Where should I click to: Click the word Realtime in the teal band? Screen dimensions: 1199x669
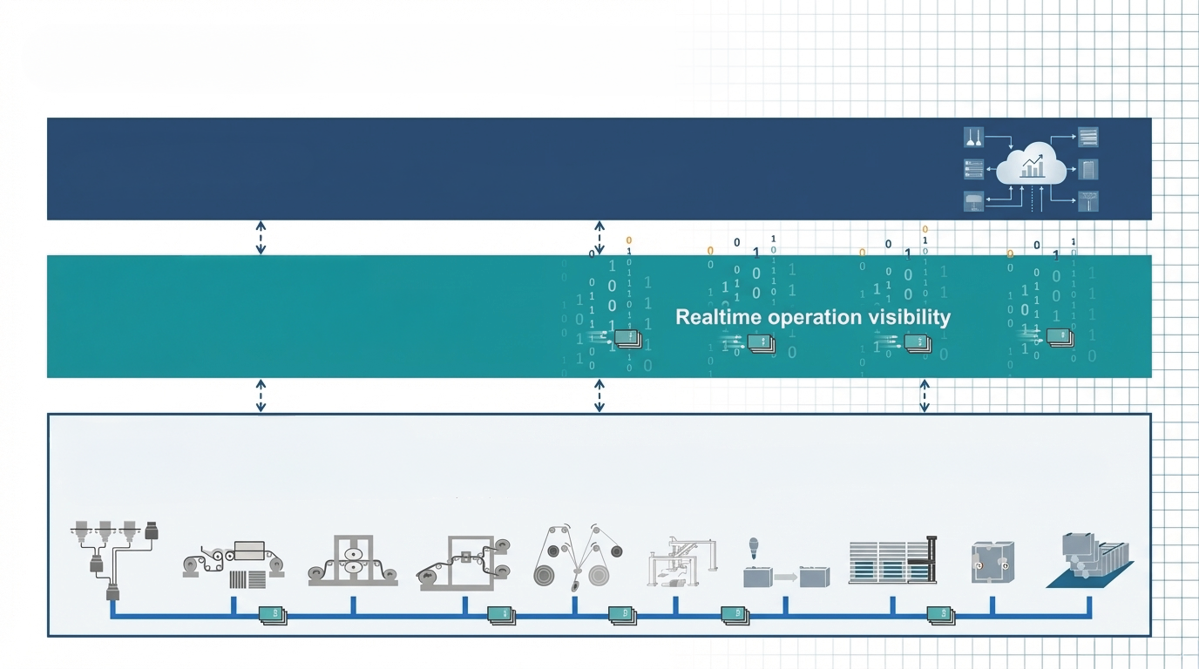(x=718, y=317)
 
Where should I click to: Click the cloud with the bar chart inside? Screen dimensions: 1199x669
(x=1031, y=165)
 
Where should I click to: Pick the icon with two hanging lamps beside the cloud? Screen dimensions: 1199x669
(x=973, y=137)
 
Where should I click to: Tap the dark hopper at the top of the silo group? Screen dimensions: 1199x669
(x=152, y=530)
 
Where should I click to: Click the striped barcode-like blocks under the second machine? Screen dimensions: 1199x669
(x=247, y=579)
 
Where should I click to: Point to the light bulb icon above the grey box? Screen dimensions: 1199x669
(x=754, y=548)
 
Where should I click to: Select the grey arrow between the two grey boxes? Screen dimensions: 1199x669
(x=785, y=577)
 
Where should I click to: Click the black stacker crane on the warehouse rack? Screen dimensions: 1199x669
(x=930, y=559)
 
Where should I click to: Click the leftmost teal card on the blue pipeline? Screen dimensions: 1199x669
(x=273, y=615)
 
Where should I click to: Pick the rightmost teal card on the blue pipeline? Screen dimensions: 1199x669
(x=940, y=615)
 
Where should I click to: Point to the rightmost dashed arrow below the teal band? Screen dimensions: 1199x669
(x=925, y=395)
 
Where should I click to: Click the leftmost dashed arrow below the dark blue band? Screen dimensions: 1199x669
(x=261, y=237)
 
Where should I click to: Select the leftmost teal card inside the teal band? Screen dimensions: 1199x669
(x=628, y=339)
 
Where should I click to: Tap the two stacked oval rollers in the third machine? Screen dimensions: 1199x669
(x=353, y=560)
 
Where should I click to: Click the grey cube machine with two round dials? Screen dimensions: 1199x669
(x=993, y=563)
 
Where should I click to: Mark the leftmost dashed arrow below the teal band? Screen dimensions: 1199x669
(x=261, y=395)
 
